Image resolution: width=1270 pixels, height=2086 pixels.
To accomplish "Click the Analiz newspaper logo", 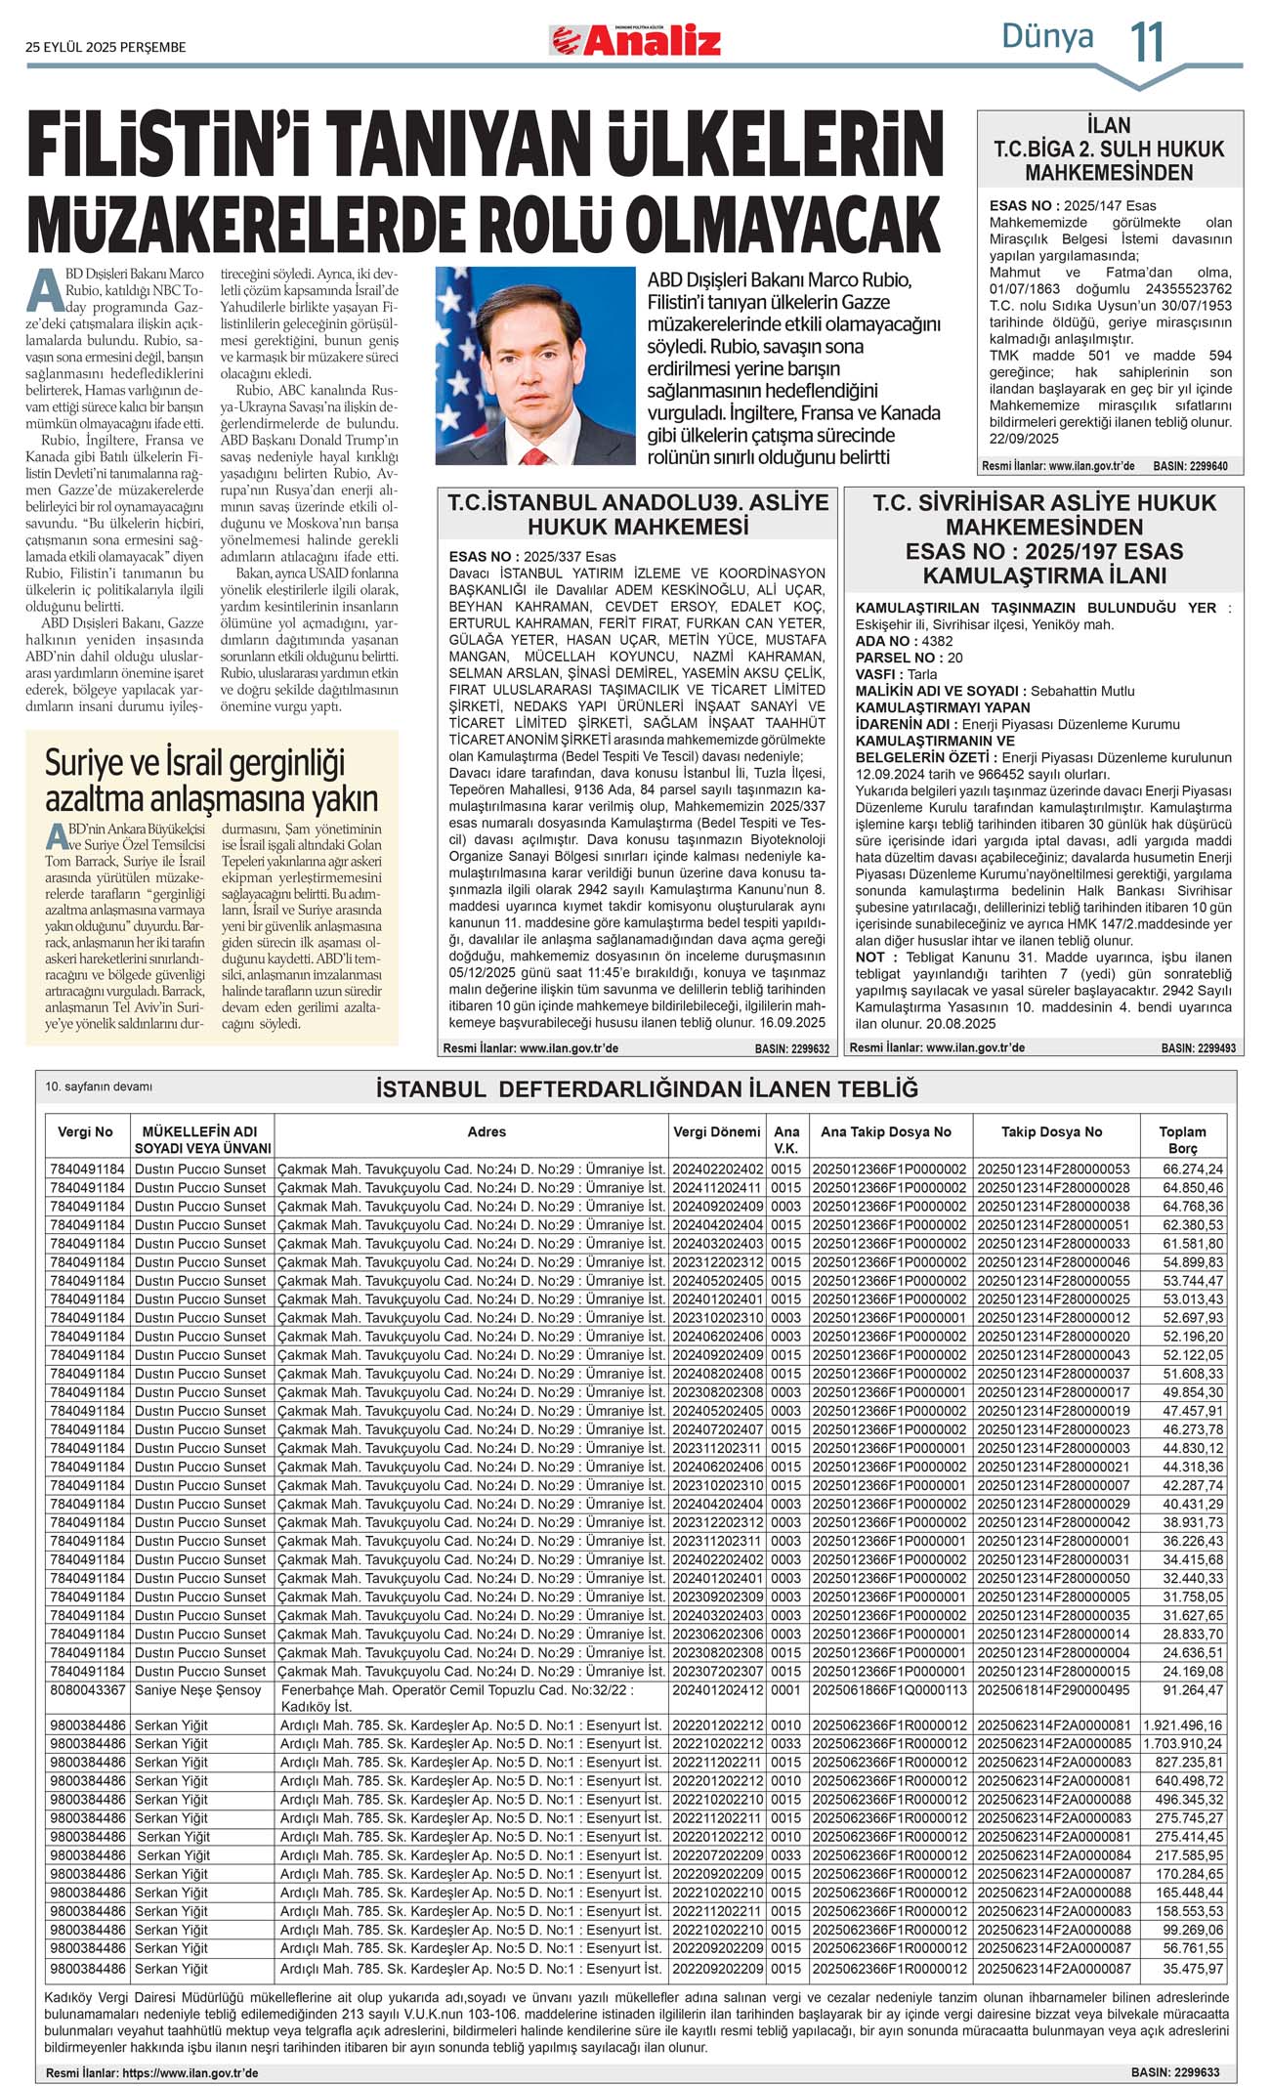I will (x=636, y=41).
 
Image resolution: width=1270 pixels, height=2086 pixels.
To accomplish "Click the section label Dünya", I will (x=1047, y=37).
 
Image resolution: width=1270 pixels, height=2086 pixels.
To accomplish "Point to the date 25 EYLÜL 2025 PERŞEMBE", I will (x=106, y=47).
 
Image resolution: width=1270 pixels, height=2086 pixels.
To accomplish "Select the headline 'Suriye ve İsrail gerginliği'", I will (x=194, y=763).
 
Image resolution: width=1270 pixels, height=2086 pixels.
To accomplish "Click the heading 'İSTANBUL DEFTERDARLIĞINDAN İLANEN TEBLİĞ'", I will (x=647, y=1089).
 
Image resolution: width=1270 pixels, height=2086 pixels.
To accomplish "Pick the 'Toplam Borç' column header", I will (x=1182, y=1139).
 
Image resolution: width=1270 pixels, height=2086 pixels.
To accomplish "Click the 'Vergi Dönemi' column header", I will (x=716, y=1131).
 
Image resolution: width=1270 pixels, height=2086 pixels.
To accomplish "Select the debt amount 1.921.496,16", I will (x=1182, y=1725).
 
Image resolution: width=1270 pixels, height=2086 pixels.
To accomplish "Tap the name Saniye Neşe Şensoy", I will (x=198, y=1690).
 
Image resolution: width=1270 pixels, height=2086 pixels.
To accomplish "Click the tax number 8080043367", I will (x=88, y=1690).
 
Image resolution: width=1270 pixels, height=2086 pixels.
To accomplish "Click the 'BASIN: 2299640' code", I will (x=1190, y=466).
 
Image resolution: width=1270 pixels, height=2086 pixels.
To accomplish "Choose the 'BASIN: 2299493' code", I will (x=1198, y=1048).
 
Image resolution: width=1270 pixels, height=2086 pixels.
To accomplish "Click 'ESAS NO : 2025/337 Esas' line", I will (x=532, y=557).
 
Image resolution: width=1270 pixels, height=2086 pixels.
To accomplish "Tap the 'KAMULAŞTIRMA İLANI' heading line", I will (x=1043, y=575).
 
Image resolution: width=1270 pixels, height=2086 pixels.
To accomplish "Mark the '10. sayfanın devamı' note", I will (x=99, y=1086).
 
